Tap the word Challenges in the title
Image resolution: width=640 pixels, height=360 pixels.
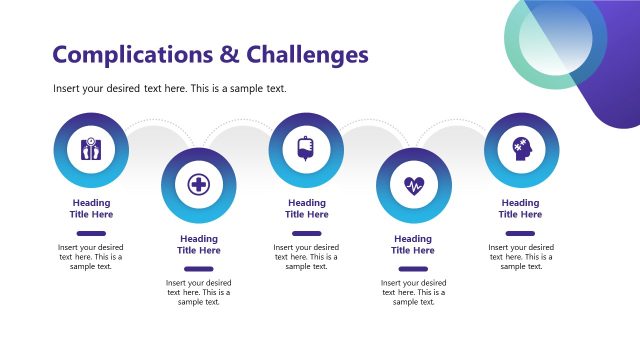click(x=307, y=54)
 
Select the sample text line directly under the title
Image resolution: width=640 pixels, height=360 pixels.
click(x=170, y=89)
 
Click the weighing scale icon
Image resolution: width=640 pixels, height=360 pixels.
click(x=91, y=151)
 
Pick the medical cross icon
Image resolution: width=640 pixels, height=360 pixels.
click(x=199, y=185)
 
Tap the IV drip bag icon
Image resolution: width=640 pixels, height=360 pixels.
click(x=307, y=151)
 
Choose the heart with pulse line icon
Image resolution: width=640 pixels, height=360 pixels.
click(x=414, y=185)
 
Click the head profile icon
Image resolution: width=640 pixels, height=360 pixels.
click(x=521, y=151)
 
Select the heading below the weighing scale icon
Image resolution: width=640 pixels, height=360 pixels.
click(x=91, y=209)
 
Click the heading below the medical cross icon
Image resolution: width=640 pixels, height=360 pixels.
click(x=199, y=245)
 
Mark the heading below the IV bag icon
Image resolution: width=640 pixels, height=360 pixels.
click(x=307, y=209)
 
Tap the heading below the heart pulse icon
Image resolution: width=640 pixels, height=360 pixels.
click(x=413, y=245)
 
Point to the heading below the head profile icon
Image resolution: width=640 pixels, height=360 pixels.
click(x=521, y=209)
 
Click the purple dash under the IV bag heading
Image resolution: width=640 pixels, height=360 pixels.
click(x=307, y=233)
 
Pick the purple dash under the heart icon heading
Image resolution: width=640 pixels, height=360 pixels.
click(x=413, y=268)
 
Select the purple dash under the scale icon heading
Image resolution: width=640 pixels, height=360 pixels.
click(x=91, y=233)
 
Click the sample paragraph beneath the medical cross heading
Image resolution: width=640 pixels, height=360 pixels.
click(x=198, y=292)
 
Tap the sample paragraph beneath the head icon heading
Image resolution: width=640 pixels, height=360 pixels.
click(x=521, y=256)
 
